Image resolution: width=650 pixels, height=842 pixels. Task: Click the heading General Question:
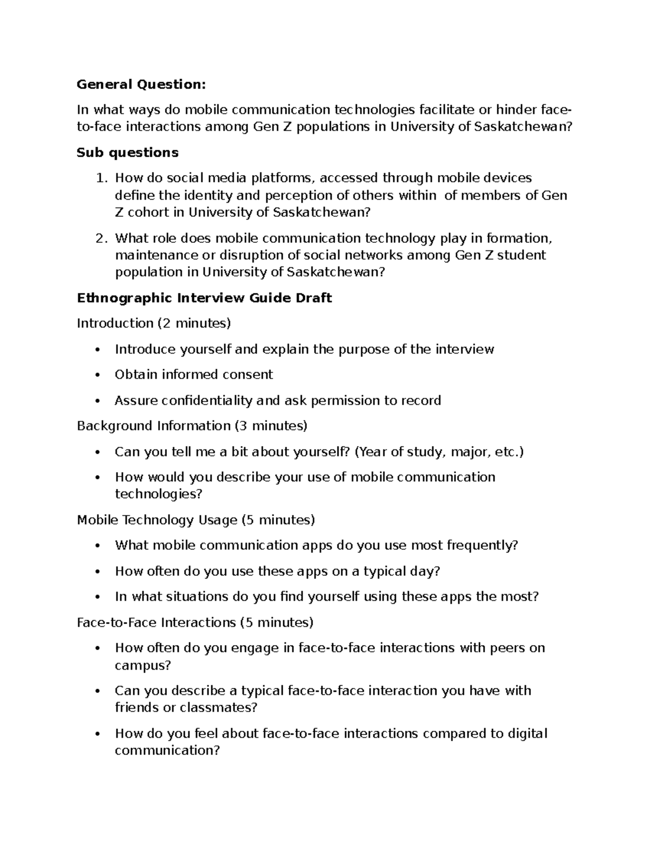(x=141, y=85)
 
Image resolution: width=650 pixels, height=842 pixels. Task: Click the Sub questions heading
(x=127, y=153)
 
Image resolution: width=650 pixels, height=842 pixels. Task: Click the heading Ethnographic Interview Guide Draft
(x=204, y=298)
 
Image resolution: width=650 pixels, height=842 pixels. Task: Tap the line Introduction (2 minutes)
(x=154, y=324)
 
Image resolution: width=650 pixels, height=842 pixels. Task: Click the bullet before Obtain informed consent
(x=97, y=375)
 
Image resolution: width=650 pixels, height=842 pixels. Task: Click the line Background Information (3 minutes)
(x=192, y=426)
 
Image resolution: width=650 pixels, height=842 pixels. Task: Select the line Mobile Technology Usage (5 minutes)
(x=196, y=520)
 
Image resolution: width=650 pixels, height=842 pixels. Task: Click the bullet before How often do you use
(x=97, y=572)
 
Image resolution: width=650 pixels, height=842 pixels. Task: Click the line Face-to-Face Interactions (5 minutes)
(x=195, y=623)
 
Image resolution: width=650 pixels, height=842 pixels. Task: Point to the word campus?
(x=142, y=665)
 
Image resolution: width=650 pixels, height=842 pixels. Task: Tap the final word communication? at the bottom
(x=167, y=751)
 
